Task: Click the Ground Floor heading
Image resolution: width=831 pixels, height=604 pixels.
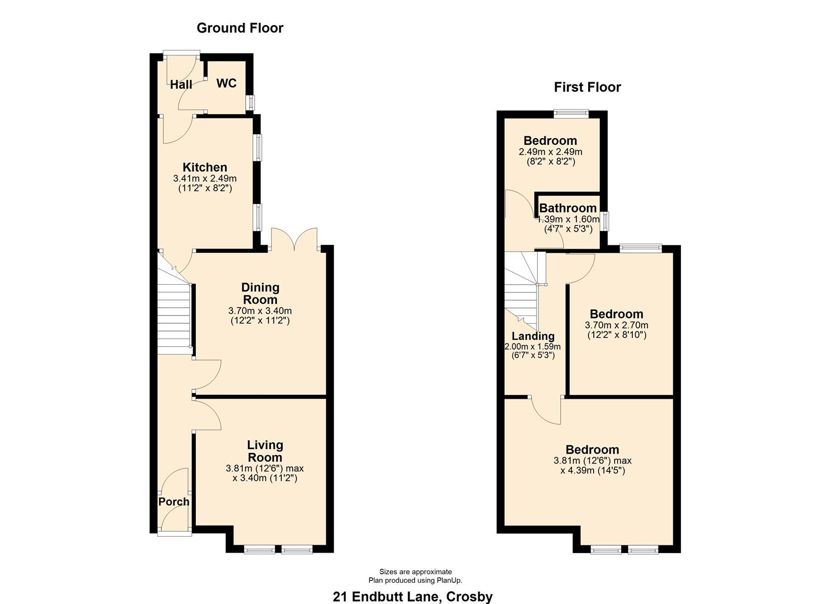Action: (x=240, y=28)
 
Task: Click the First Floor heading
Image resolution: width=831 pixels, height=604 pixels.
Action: (x=587, y=87)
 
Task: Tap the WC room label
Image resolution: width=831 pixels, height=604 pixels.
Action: (x=226, y=83)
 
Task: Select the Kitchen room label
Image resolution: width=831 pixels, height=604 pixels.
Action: (x=205, y=167)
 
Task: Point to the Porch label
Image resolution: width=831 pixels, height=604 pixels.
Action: (x=173, y=502)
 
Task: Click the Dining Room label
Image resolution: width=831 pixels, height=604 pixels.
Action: (x=260, y=294)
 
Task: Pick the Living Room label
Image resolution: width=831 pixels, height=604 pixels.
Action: (x=265, y=451)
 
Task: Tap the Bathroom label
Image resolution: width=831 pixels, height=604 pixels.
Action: (x=567, y=208)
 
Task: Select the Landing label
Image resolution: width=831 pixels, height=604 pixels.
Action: (x=533, y=336)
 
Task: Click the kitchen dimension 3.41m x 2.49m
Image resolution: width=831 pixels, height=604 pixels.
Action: (x=205, y=178)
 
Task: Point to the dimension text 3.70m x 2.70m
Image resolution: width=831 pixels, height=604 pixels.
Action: (x=616, y=325)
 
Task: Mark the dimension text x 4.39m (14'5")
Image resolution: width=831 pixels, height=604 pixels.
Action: (x=592, y=470)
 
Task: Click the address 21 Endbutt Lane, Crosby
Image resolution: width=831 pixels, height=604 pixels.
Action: (x=412, y=597)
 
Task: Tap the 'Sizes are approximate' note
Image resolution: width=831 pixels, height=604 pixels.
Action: (x=415, y=572)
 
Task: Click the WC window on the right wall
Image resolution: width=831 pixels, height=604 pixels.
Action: (x=251, y=102)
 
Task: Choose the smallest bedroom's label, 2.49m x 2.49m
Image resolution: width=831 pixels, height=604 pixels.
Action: (x=550, y=141)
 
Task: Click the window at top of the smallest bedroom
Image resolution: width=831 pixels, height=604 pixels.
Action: (x=571, y=113)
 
